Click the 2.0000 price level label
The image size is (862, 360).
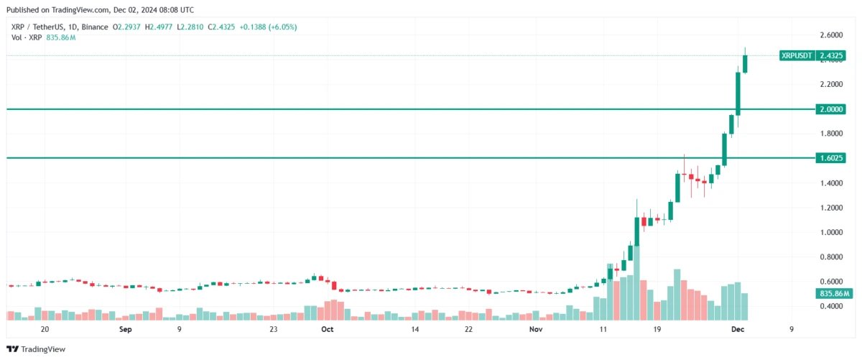click(832, 109)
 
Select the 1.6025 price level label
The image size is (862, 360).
click(832, 158)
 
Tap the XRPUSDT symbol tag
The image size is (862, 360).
click(797, 55)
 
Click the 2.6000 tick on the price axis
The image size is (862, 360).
click(832, 35)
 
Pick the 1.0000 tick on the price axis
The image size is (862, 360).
click(832, 232)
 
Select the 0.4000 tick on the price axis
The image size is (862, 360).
click(832, 306)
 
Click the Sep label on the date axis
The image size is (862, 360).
click(126, 330)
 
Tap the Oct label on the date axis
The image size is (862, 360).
click(328, 330)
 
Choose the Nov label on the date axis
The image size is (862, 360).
click(536, 330)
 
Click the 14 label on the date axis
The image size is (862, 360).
click(415, 330)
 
